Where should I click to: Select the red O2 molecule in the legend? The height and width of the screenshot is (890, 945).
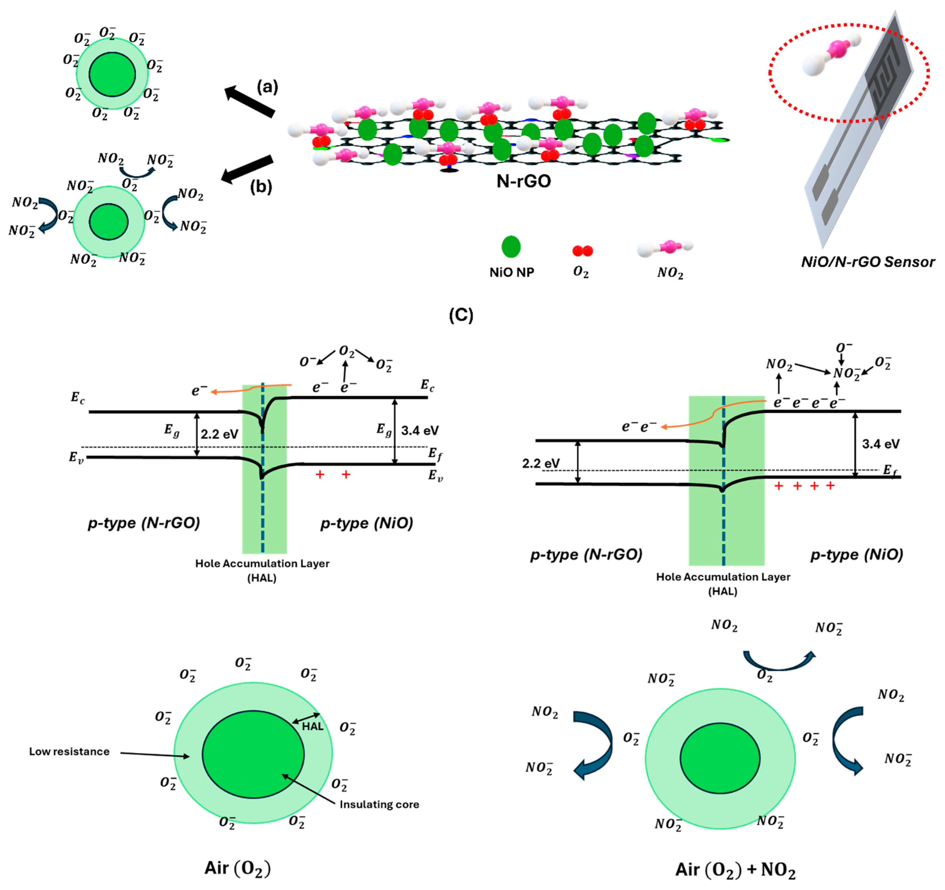582,250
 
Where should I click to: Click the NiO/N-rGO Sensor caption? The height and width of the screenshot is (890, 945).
868,262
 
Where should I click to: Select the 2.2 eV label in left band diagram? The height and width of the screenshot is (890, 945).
219,434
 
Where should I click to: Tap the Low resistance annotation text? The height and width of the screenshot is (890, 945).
69,751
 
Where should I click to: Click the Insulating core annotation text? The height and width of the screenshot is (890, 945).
379,804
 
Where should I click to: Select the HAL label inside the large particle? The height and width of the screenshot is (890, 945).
312,726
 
